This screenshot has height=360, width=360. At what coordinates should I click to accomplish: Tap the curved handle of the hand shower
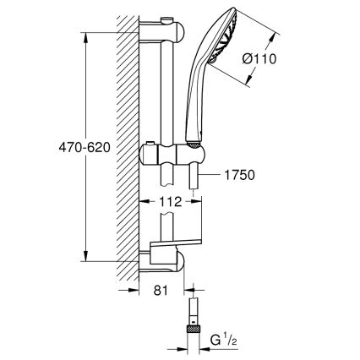199,110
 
